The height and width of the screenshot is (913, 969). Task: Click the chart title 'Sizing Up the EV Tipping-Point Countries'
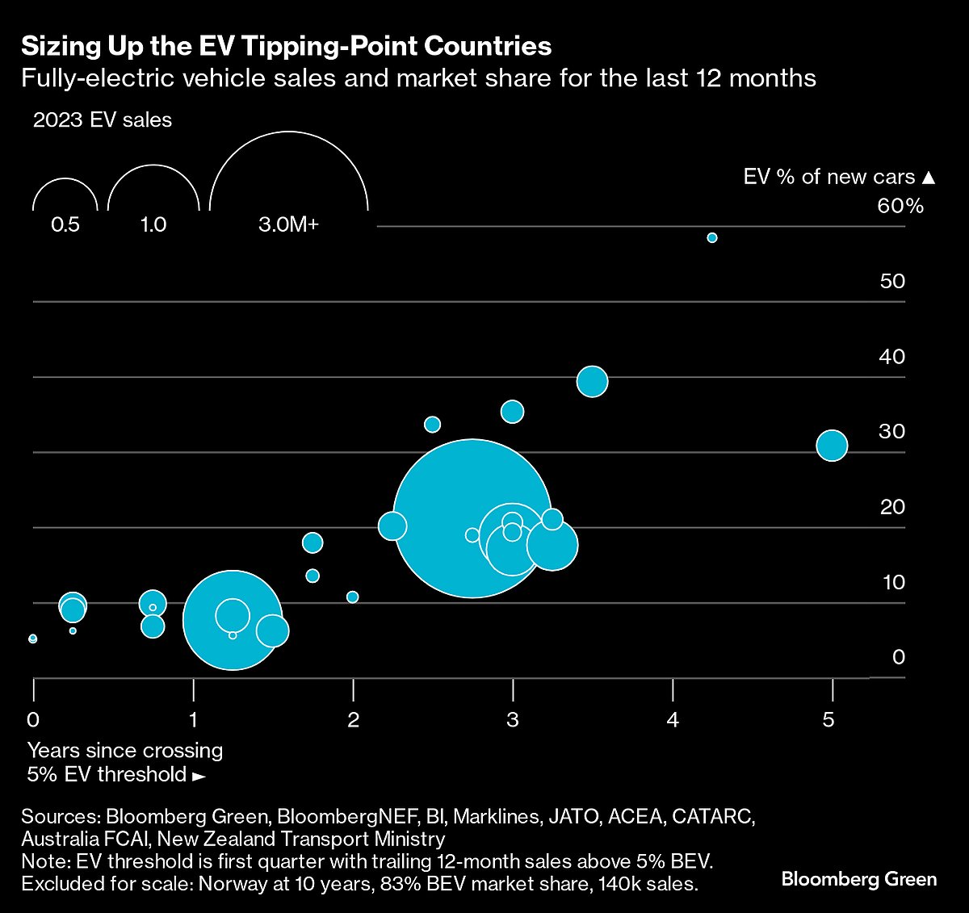click(286, 46)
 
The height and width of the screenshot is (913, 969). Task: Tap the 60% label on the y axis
click(900, 206)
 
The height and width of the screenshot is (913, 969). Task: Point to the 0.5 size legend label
click(65, 224)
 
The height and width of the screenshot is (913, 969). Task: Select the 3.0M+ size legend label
click(288, 224)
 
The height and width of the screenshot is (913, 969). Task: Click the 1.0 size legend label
click(153, 224)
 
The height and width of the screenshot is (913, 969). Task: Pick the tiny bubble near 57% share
click(712, 237)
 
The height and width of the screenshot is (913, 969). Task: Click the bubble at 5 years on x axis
click(832, 446)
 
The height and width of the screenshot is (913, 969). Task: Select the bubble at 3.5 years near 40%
click(592, 381)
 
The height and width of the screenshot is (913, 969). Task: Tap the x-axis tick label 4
click(673, 719)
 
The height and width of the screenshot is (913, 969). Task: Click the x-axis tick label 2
click(353, 719)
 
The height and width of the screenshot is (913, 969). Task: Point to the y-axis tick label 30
click(891, 432)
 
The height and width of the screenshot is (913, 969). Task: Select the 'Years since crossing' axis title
click(125, 751)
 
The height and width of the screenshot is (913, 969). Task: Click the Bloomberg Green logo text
click(858, 879)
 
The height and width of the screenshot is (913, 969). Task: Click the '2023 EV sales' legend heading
click(103, 120)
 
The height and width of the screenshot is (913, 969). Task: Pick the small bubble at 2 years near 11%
click(352, 597)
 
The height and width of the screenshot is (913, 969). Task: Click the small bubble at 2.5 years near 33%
click(432, 425)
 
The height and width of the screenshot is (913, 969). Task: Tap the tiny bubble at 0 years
click(32, 639)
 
